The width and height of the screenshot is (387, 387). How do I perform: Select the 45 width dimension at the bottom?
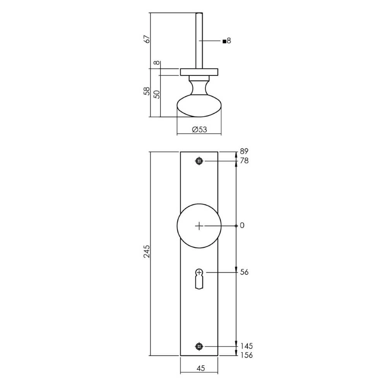coord(200,368)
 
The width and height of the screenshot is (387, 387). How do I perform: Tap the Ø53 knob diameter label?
coord(199,130)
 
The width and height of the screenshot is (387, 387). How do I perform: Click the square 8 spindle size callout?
coord(227,41)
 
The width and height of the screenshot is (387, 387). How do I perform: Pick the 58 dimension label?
coord(147,91)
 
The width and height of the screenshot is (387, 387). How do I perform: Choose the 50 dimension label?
coord(157,94)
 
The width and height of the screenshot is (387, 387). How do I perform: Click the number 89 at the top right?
coord(244,151)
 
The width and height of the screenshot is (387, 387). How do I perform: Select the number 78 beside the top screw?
coord(244,161)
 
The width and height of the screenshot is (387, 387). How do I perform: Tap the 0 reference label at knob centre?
coord(242,226)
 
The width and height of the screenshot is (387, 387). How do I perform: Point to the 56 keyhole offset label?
coord(244,272)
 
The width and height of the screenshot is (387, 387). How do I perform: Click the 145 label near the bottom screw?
coord(246,346)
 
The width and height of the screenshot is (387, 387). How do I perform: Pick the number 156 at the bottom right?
coord(246,355)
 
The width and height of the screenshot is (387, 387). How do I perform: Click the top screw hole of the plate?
coord(199,161)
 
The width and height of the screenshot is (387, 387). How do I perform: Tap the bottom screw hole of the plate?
coord(199,346)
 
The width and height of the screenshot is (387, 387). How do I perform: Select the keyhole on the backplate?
coord(199,279)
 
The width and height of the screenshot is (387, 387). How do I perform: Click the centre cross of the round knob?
coord(199,226)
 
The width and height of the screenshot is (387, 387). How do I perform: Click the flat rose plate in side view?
coord(199,72)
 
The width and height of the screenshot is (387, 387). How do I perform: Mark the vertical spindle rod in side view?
coord(199,41)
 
